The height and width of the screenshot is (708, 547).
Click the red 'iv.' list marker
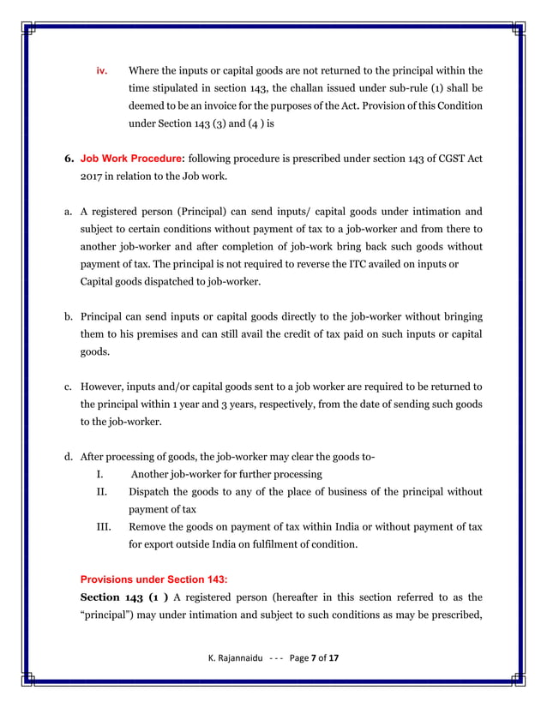tap(100, 70)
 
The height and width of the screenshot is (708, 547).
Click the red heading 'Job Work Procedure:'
tap(132, 159)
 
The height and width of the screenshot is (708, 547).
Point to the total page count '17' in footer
tap(334, 657)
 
